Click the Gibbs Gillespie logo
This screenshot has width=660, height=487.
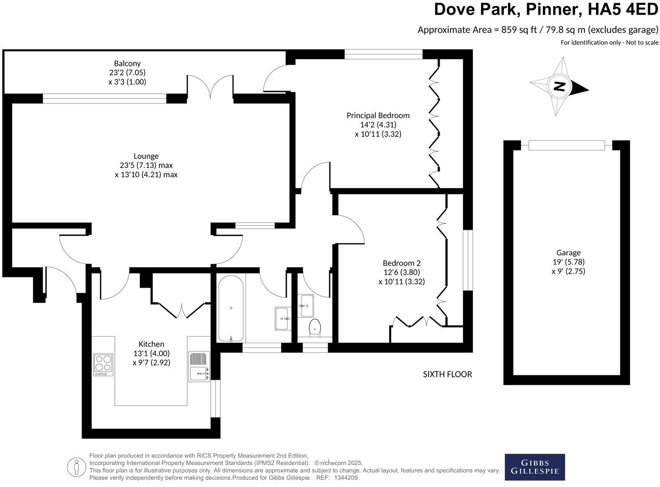coord(534,467)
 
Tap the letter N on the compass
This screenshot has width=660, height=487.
coord(560,87)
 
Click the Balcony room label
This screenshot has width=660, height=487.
coord(127,63)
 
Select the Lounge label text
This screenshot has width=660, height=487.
coord(146,156)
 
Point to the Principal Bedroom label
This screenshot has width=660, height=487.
coord(378,115)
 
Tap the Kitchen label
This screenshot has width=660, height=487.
coord(151,344)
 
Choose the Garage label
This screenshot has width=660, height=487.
coord(568,253)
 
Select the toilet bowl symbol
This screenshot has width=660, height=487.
coord(315,327)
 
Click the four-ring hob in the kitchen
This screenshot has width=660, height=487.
coord(103,364)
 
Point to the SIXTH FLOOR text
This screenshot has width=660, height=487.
coord(447,374)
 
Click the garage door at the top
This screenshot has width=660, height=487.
coord(566,145)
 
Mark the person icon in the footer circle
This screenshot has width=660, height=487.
coord(76,467)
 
